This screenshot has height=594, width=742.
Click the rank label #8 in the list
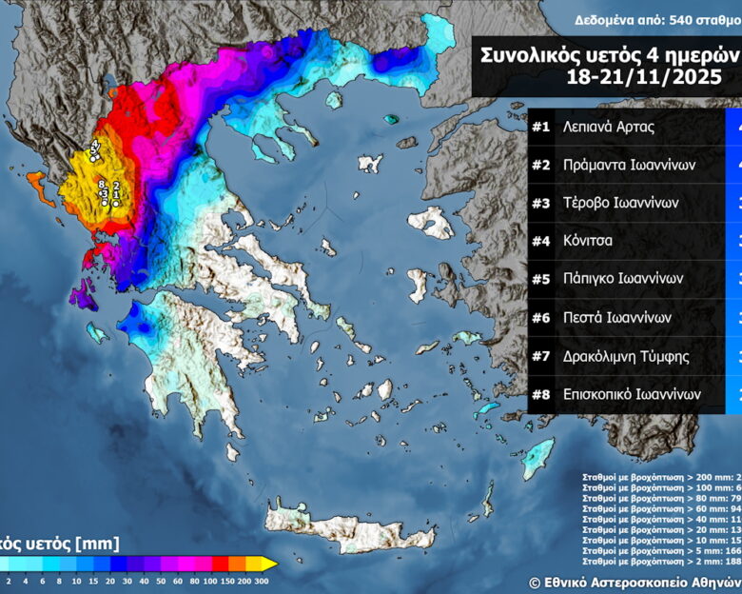pyautogui.click(x=541, y=393)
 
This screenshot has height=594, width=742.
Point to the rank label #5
pyautogui.click(x=541, y=279)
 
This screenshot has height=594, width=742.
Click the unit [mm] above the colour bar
pyautogui.click(x=99, y=544)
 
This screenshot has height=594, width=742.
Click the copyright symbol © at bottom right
pyautogui.click(x=536, y=582)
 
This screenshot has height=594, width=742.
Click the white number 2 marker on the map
pyautogui.click(x=115, y=187)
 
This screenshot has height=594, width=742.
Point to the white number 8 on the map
pyautogui.click(x=101, y=184)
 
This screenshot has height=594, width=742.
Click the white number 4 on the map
pyautogui.click(x=95, y=145)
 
